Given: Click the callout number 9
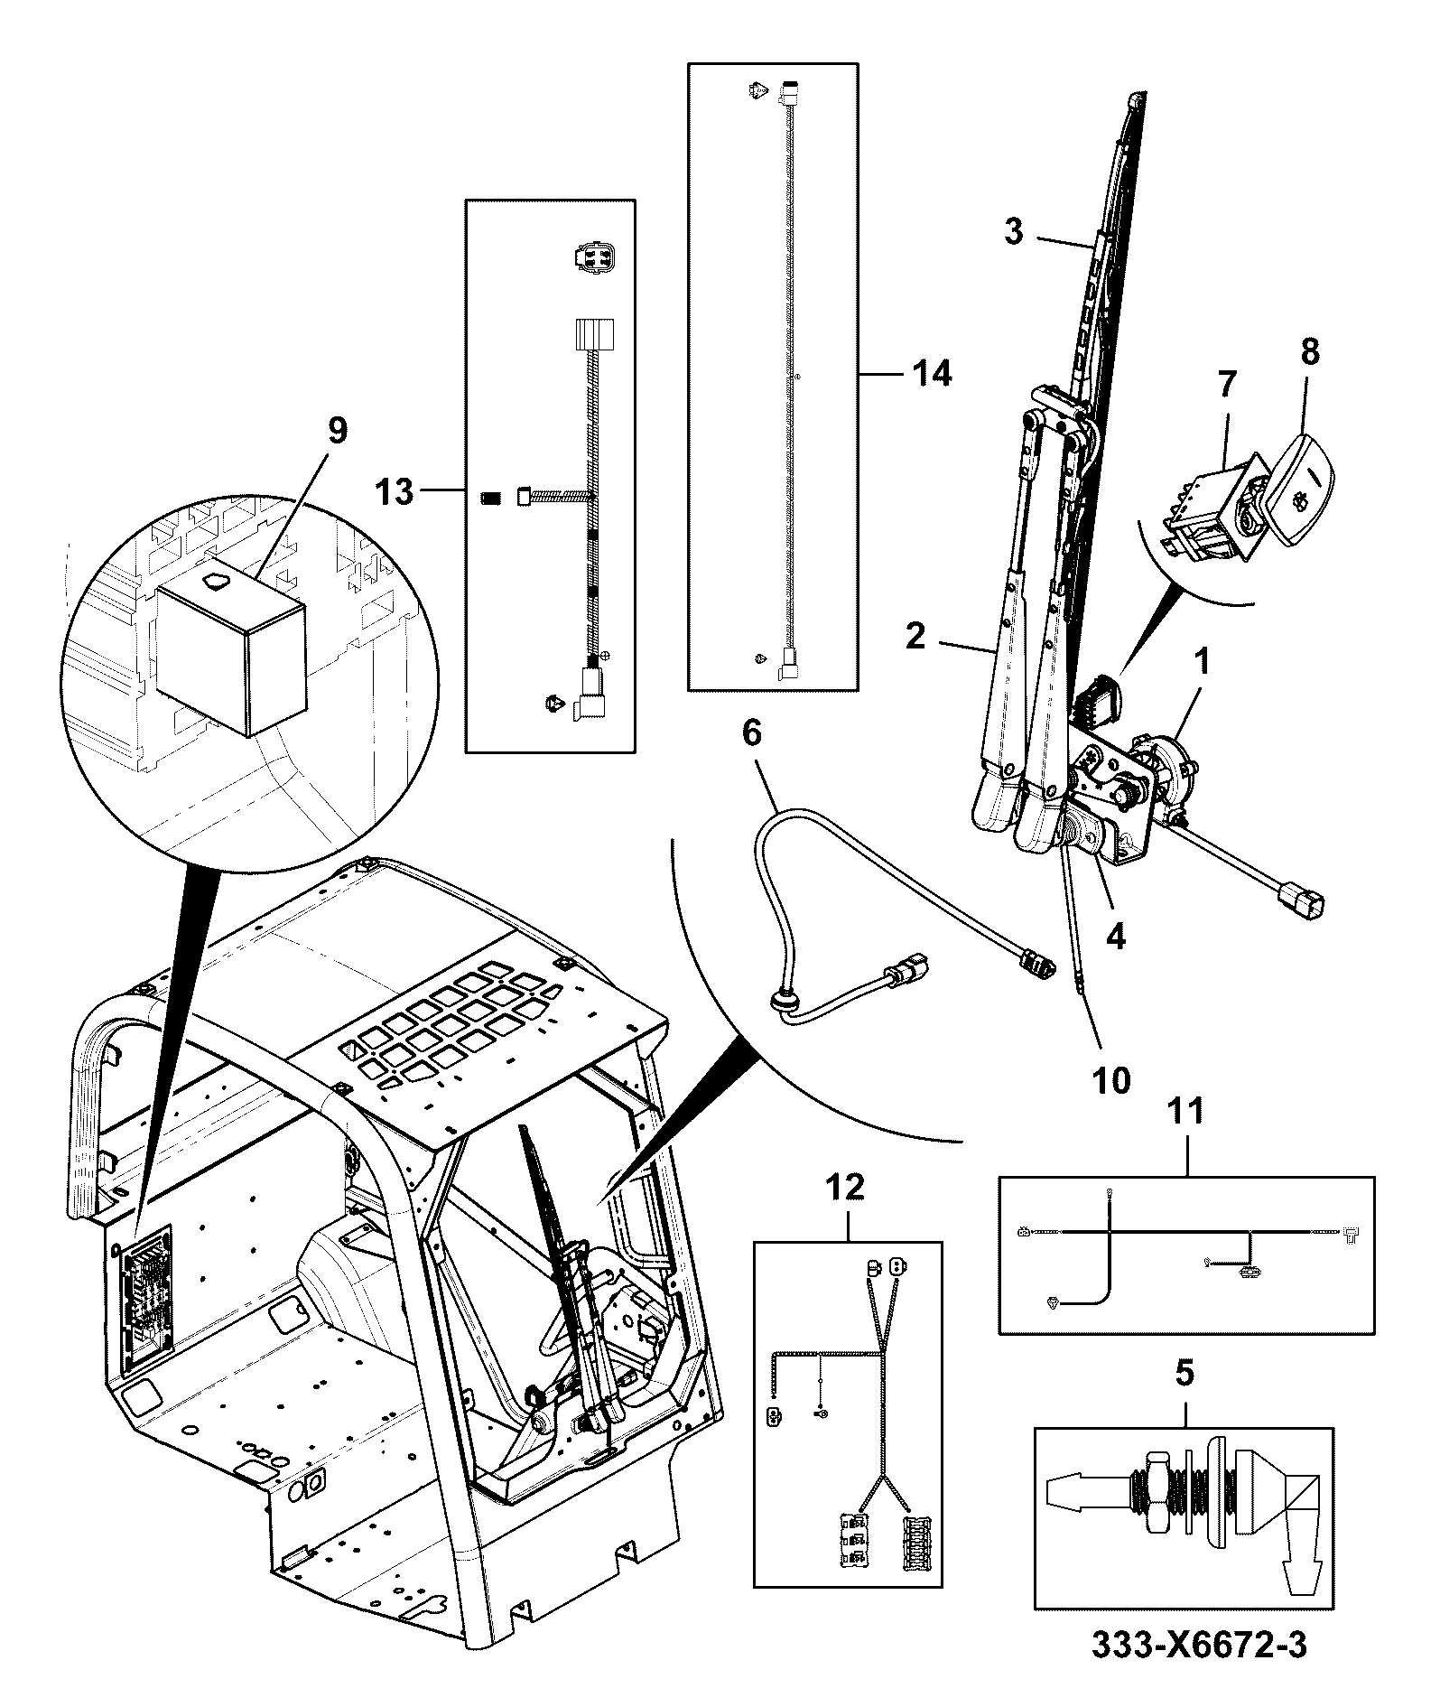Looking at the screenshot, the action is pyautogui.click(x=336, y=430).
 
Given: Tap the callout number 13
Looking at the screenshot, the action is pyautogui.click(x=395, y=493).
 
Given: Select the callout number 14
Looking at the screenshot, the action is pyautogui.click(x=932, y=373).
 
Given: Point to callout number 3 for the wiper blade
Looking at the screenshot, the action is pyautogui.click(x=1014, y=231).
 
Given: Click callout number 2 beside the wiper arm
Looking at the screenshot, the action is pyautogui.click(x=915, y=638).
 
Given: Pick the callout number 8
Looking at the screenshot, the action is pyautogui.click(x=1310, y=352).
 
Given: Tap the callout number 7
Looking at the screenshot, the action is pyautogui.click(x=1225, y=385).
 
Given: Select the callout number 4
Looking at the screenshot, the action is pyautogui.click(x=1116, y=937).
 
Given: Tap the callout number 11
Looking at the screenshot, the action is pyautogui.click(x=1186, y=1112).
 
